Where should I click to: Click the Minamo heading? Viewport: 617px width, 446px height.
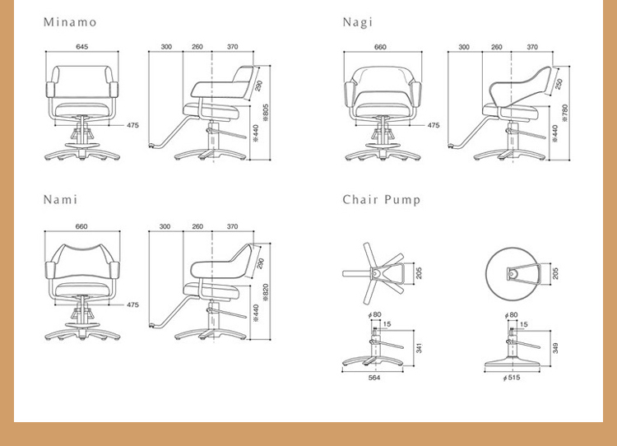tap(70, 22)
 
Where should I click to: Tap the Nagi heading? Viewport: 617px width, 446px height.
tap(358, 22)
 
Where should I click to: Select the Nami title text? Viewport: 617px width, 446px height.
tap(60, 200)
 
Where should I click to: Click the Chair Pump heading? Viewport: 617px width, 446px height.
tap(382, 200)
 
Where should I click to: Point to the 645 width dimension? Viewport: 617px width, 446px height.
tap(81, 47)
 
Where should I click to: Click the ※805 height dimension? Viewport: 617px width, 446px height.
tap(266, 113)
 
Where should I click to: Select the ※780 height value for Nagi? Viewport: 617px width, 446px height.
tap(565, 113)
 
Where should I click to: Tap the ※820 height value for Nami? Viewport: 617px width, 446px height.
tap(266, 292)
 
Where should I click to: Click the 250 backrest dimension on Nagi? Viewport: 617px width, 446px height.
tap(559, 84)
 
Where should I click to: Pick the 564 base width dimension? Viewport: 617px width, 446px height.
tap(374, 378)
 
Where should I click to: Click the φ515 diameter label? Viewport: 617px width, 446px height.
tap(512, 378)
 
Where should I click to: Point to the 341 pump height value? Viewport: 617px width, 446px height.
tap(419, 348)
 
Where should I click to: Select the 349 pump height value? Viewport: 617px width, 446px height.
tap(555, 348)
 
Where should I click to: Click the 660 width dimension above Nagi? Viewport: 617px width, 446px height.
tap(380, 47)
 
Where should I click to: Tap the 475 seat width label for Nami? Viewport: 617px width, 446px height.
tap(132, 304)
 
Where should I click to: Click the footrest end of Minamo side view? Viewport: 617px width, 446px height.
tap(152, 146)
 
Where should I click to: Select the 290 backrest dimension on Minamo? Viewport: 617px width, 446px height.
tap(258, 86)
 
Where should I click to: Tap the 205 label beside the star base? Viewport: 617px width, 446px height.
tap(419, 273)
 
